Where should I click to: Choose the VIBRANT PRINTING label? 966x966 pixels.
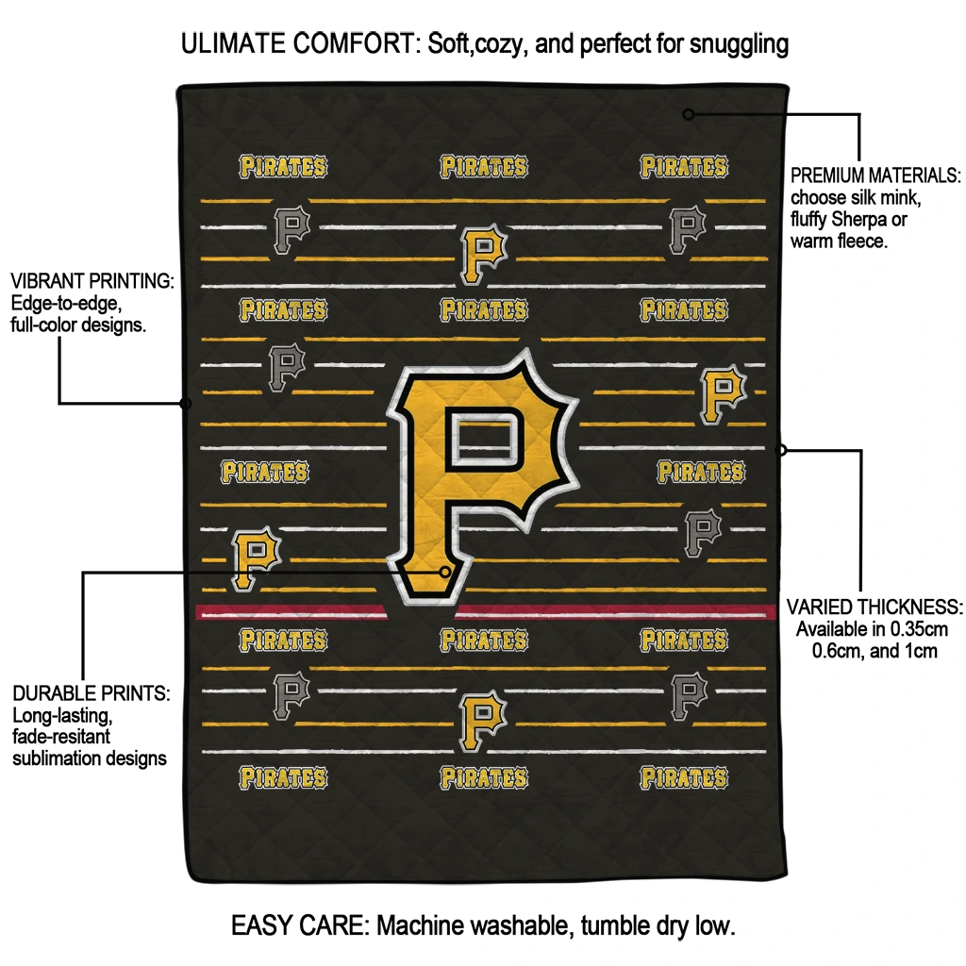tap(92, 281)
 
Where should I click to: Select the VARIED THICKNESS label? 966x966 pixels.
tap(874, 607)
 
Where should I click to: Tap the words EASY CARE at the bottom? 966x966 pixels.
tap(299, 925)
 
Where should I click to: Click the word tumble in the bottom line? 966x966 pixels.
tap(608, 925)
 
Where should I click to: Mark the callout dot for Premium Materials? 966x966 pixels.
tap(689, 114)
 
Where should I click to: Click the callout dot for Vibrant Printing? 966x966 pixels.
tap(186, 404)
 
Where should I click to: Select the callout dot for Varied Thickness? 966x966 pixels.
tap(781, 450)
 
